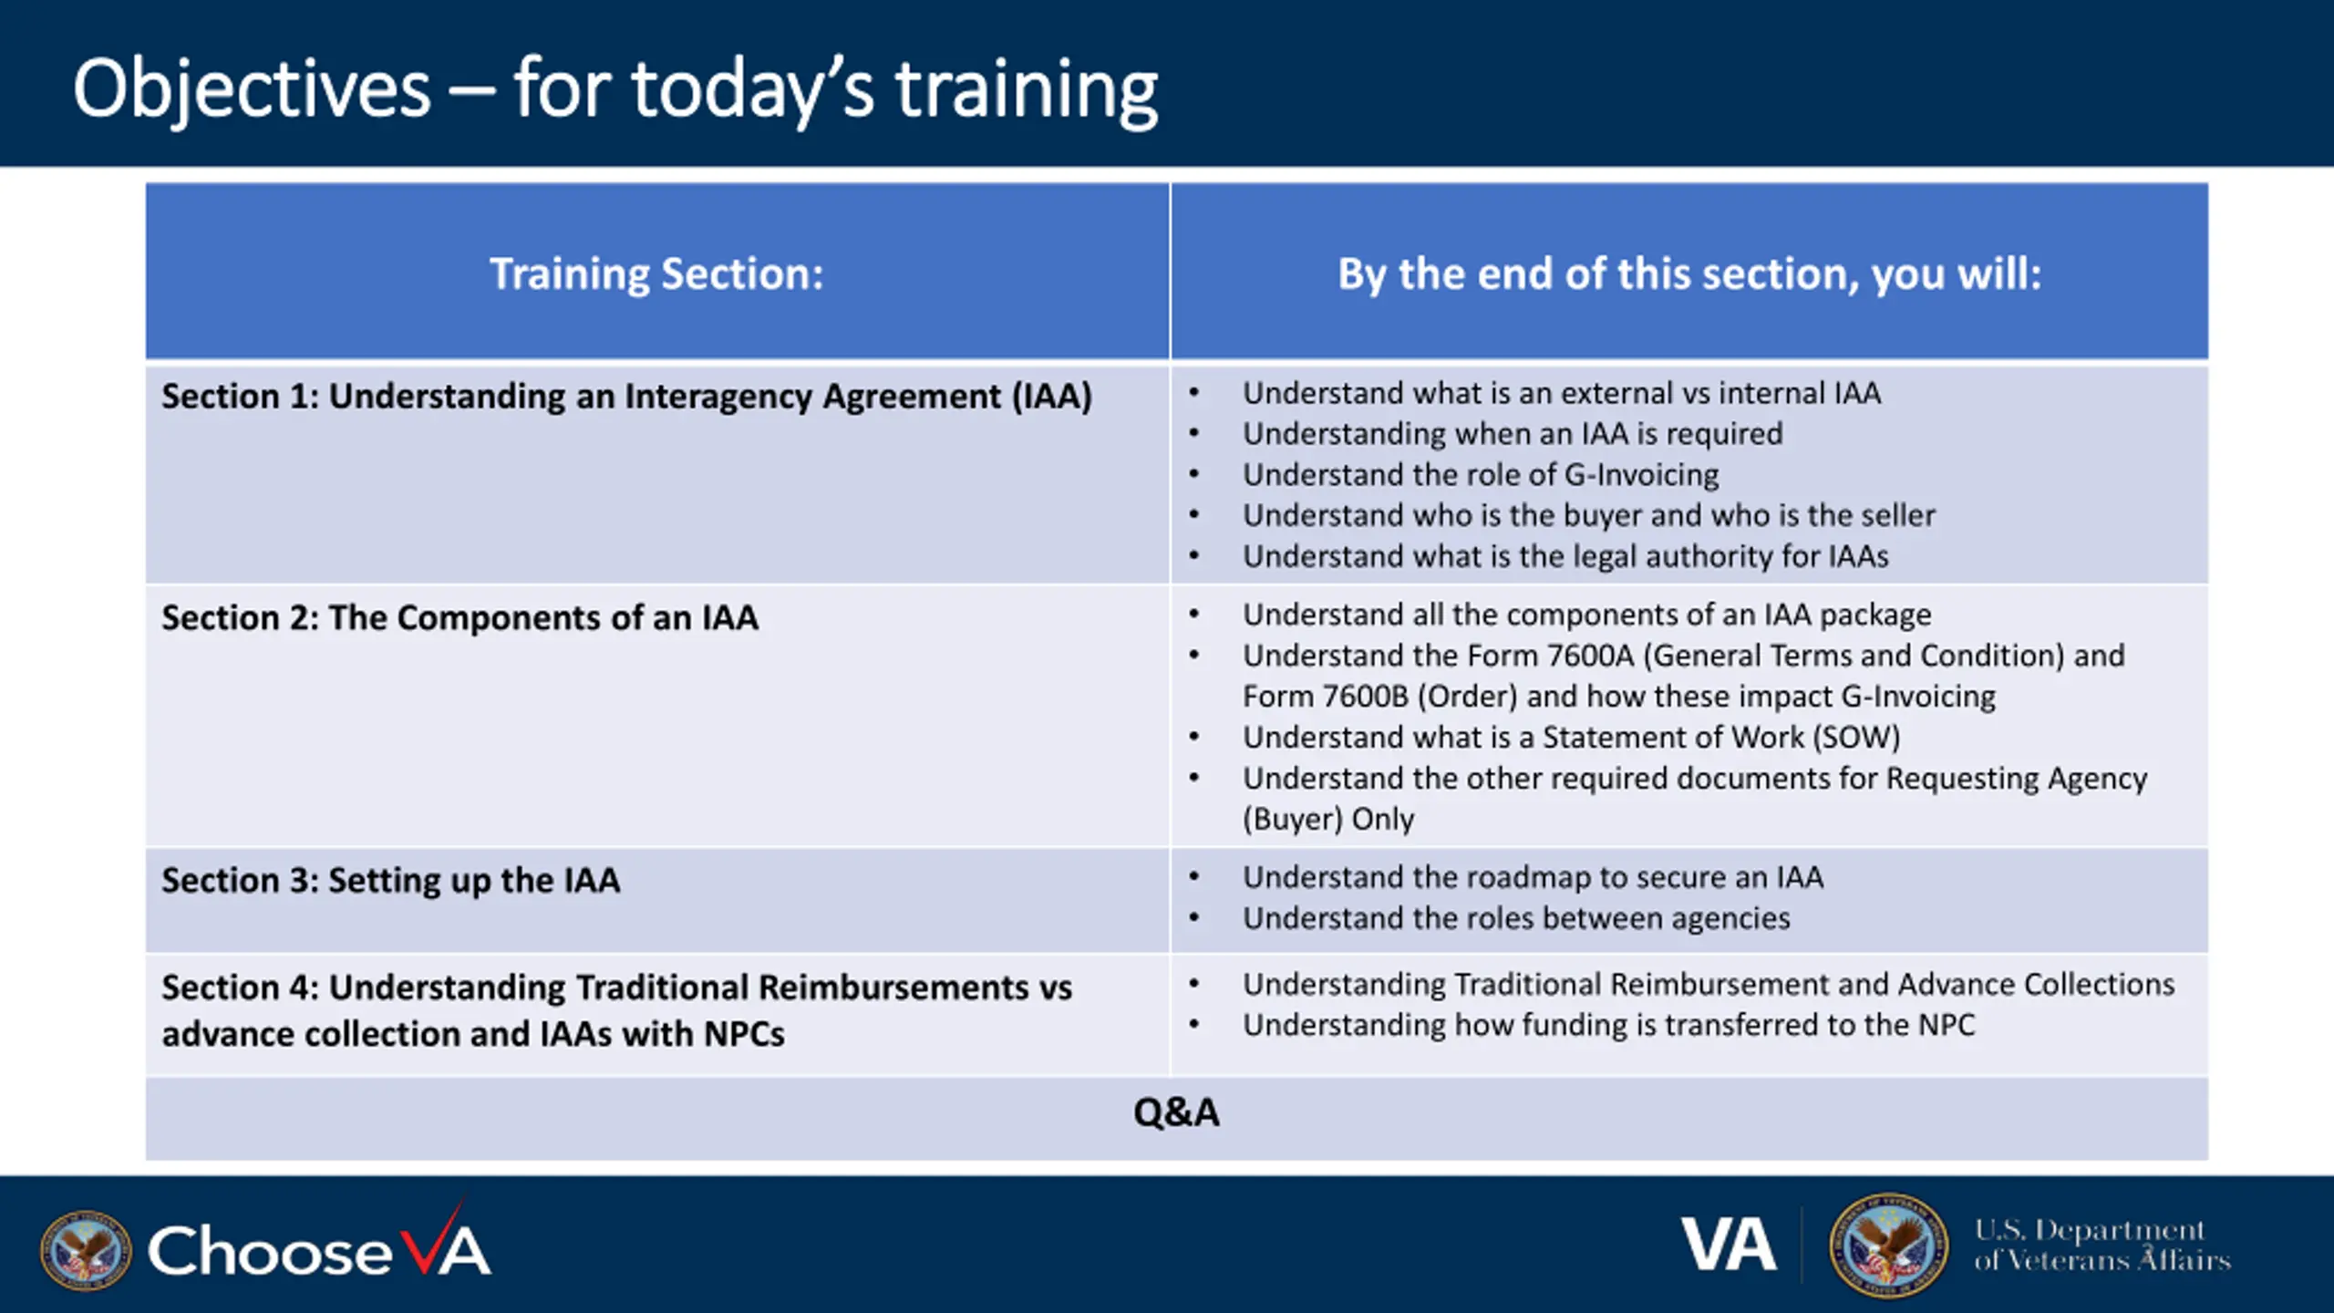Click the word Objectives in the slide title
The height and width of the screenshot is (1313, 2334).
tap(252, 89)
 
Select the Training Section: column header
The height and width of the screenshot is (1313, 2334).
tap(656, 274)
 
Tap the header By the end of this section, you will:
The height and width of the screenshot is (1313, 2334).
tap(1689, 274)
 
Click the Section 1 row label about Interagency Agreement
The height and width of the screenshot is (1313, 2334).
tap(626, 397)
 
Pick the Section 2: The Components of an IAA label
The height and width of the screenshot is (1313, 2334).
tap(460, 617)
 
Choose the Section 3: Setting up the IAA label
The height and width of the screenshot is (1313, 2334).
tap(390, 881)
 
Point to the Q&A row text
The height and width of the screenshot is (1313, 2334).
tap(1176, 1112)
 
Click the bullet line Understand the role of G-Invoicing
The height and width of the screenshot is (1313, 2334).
tap(1481, 475)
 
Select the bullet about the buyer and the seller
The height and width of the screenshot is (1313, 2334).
tap(1588, 515)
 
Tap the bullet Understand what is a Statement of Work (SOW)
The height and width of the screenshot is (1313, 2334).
tap(1571, 737)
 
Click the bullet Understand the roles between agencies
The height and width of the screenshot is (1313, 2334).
tap(1516, 918)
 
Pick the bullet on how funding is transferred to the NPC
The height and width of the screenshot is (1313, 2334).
tap(1608, 1026)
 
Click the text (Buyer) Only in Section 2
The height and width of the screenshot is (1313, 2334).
tap(1328, 819)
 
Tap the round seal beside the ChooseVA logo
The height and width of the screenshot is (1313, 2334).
tap(86, 1251)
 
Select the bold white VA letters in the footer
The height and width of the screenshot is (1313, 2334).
tap(1729, 1245)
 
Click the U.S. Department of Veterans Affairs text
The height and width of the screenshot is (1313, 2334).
tap(2102, 1245)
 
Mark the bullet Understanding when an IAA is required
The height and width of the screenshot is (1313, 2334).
tap(1513, 434)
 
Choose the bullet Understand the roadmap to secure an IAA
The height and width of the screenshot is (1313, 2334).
tap(1533, 877)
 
